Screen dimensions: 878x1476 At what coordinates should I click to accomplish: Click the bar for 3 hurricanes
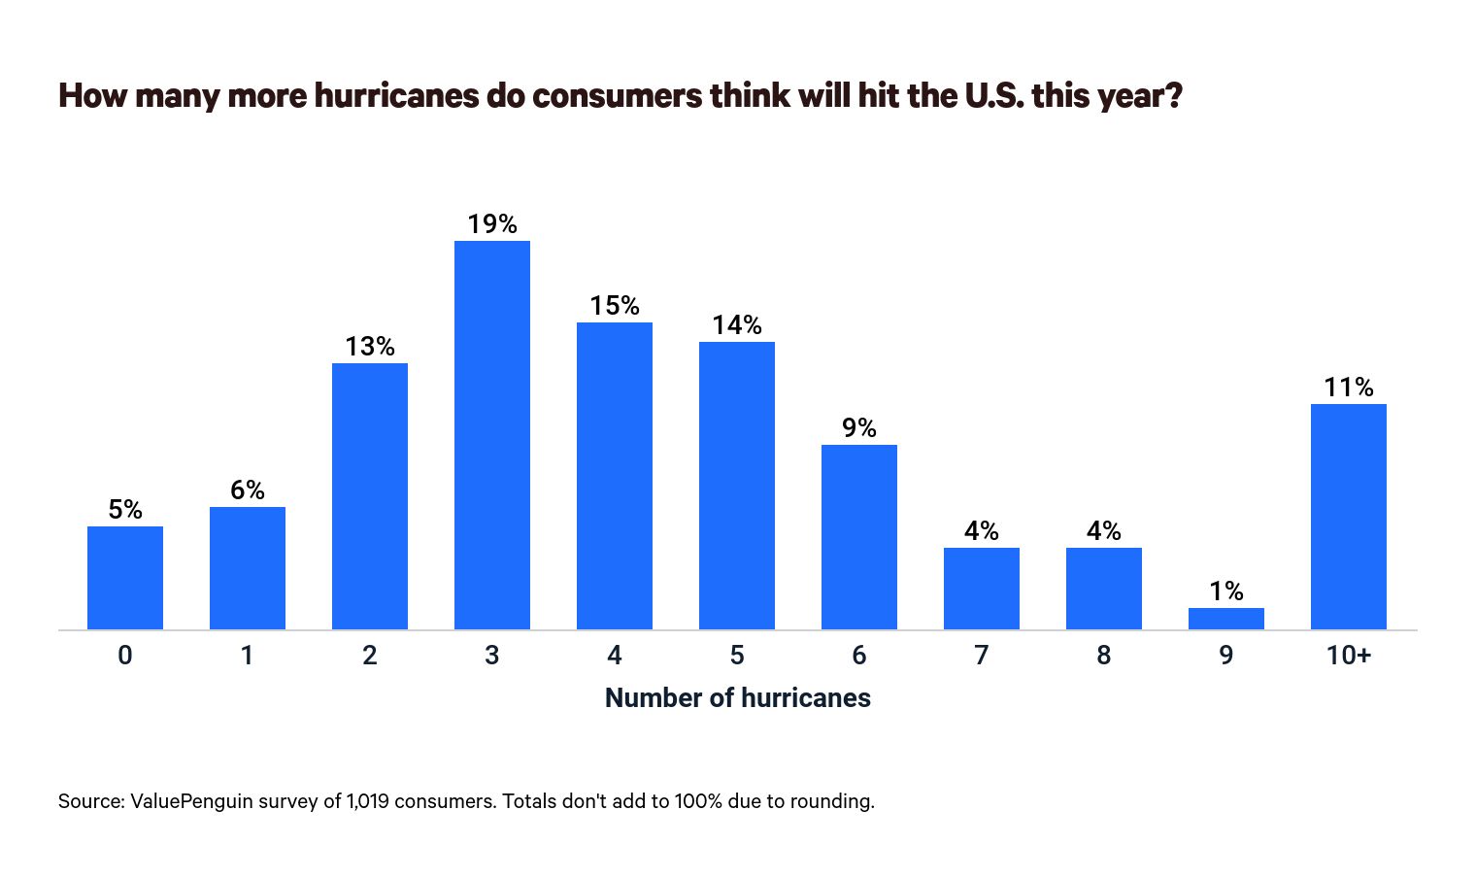[492, 435]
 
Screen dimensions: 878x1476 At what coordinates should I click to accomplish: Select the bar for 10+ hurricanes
[1348, 517]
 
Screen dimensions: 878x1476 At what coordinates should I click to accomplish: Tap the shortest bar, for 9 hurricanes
[1225, 619]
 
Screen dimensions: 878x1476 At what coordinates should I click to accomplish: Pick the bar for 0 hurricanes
[125, 578]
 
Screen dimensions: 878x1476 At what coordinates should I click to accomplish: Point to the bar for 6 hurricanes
[859, 537]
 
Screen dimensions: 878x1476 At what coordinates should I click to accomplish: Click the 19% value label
[492, 224]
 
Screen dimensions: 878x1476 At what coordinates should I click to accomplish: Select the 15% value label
[615, 306]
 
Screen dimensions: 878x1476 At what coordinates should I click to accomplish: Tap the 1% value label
[1225, 591]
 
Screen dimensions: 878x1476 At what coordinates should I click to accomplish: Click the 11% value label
[1348, 388]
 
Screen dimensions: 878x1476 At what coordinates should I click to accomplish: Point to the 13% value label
[370, 347]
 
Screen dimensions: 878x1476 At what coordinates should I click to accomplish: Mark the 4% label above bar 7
[981, 531]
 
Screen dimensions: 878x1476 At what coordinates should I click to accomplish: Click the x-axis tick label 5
[737, 656]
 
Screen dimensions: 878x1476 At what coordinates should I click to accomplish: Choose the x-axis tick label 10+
[1348, 656]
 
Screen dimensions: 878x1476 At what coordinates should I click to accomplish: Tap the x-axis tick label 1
[248, 656]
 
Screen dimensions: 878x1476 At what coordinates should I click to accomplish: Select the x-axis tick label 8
[1103, 656]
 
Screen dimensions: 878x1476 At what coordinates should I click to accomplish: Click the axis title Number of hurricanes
[737, 698]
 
